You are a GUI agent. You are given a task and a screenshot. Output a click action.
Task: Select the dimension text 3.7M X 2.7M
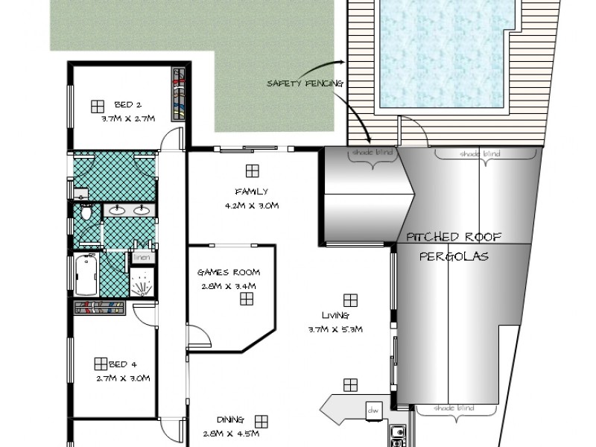pos(127,118)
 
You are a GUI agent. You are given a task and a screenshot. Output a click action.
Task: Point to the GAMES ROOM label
pos(228,273)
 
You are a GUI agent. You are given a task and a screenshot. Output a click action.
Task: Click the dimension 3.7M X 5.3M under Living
pos(334,329)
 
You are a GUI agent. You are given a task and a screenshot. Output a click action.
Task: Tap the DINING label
pos(229,420)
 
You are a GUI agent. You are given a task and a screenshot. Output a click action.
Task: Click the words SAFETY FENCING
pos(305,83)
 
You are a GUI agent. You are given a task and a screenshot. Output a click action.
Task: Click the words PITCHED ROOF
pos(454,238)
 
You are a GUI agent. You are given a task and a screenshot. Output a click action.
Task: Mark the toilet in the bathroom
pos(86,214)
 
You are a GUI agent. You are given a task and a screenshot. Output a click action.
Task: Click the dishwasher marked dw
pos(372,410)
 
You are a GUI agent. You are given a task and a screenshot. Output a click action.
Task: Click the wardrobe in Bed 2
pos(178,94)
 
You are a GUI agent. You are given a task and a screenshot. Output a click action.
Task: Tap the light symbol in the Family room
pos(253,171)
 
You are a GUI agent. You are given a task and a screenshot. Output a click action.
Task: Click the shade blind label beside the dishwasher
pos(454,408)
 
